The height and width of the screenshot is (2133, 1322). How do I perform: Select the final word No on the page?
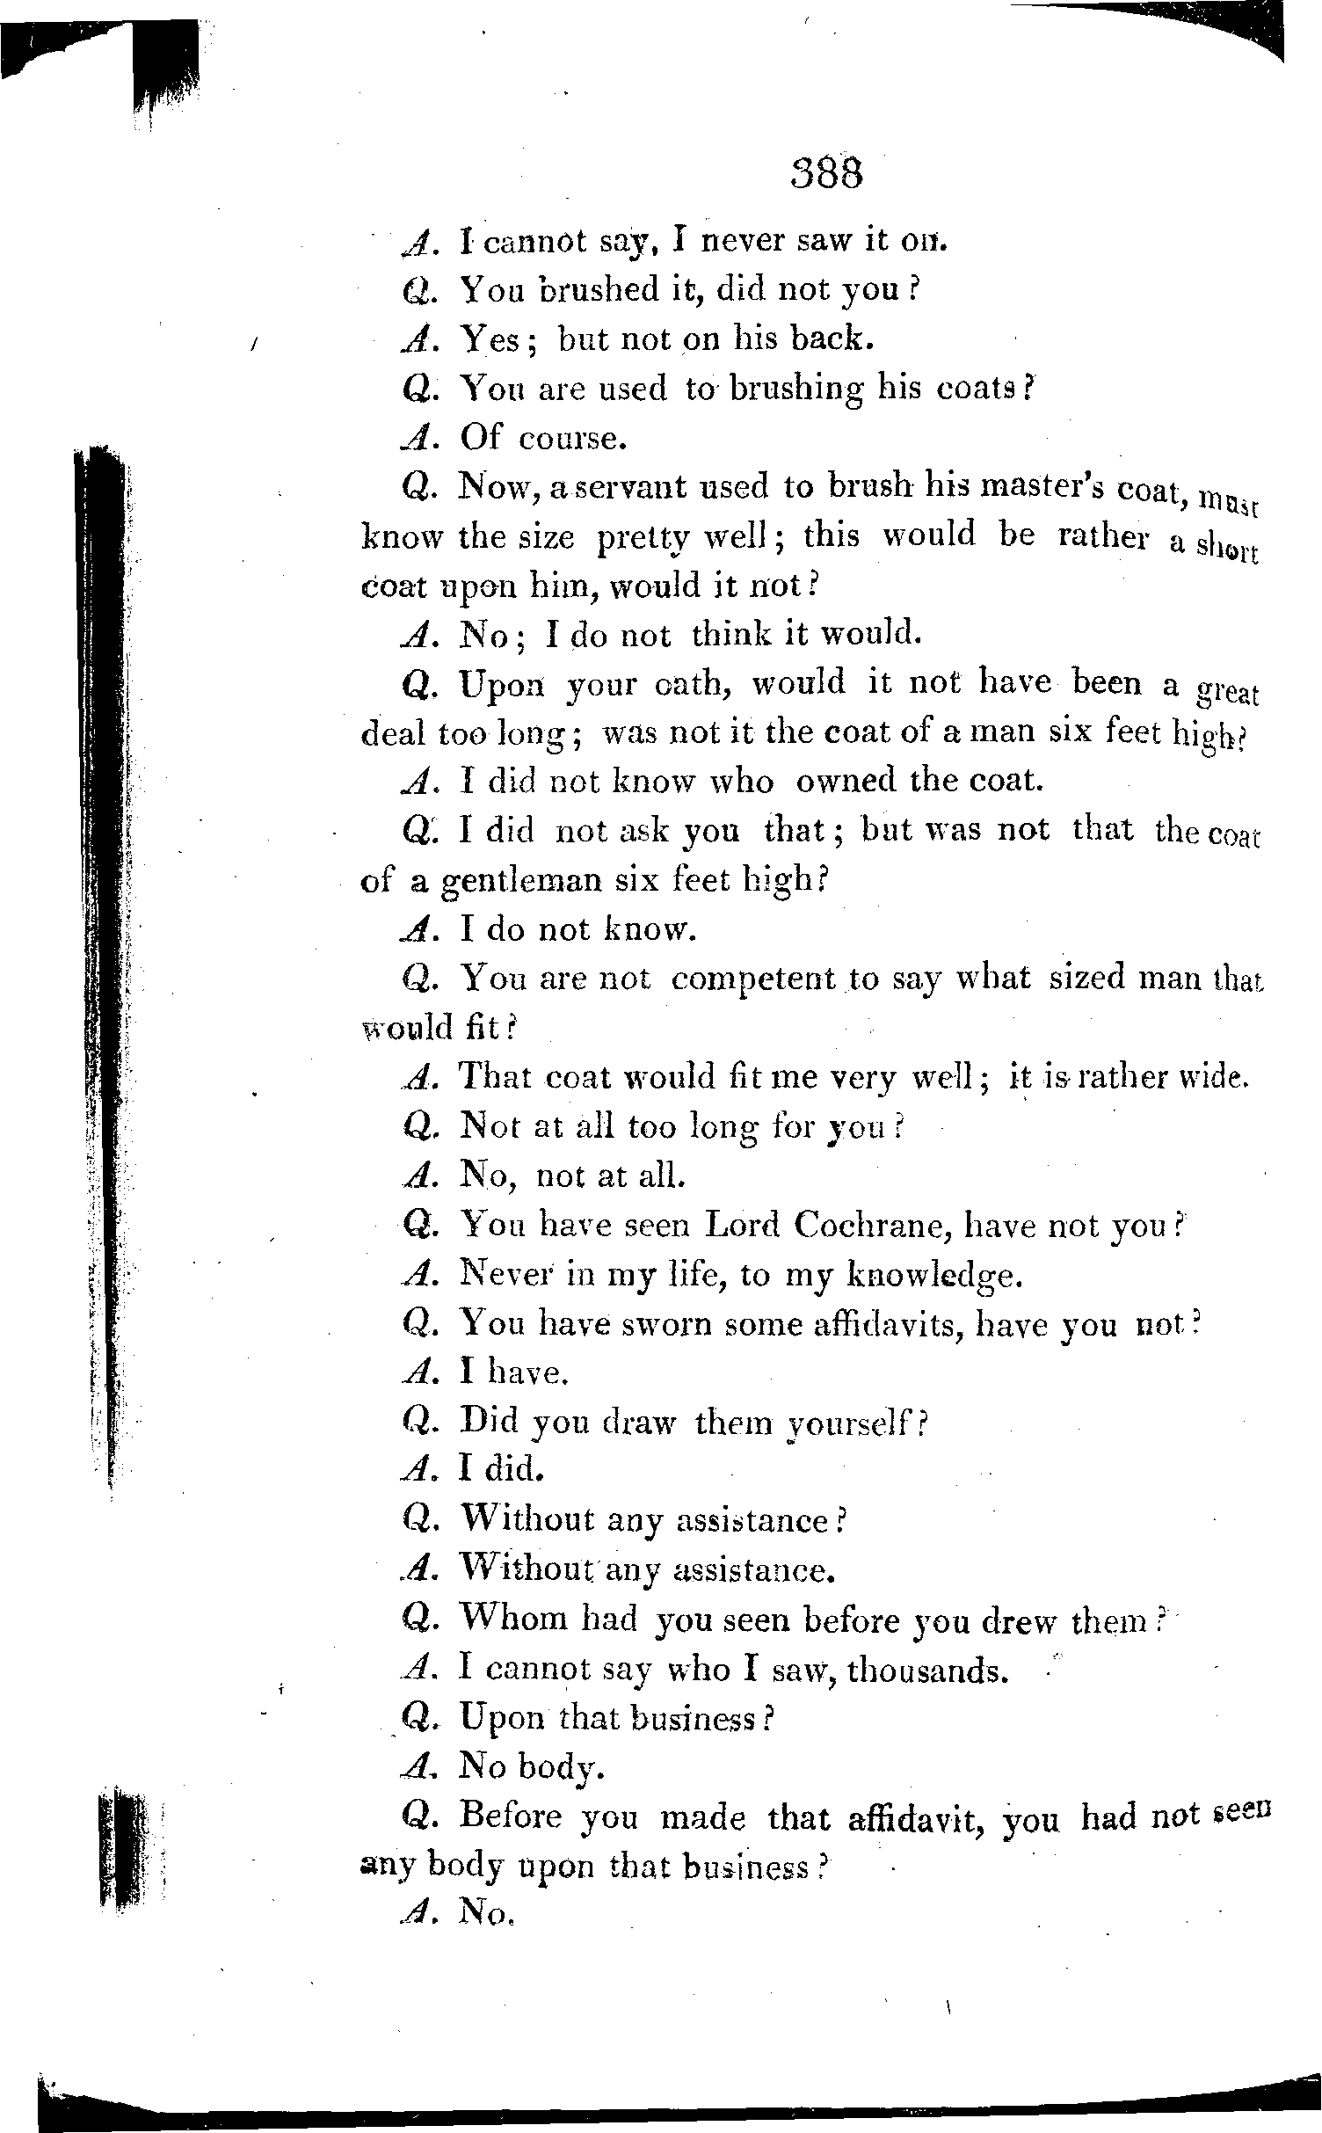pos(485,1915)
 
